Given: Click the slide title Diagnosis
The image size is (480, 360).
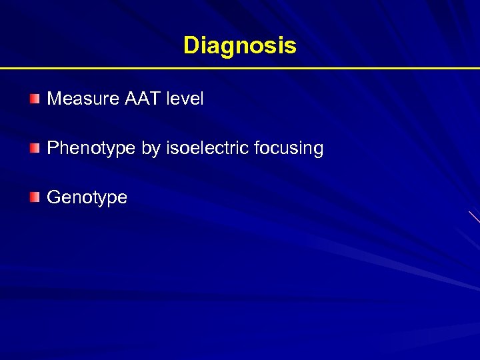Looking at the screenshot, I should pos(239,46).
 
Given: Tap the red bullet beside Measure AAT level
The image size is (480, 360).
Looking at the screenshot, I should pos(35,99).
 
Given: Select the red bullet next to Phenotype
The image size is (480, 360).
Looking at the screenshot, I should pos(35,148).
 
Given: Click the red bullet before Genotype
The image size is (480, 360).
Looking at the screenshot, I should pos(35,197).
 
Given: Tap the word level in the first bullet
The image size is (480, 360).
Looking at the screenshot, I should pos(185,99).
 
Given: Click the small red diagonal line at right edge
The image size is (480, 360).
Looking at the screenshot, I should pos(474,217).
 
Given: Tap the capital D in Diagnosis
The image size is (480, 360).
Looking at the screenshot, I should pos(191,46).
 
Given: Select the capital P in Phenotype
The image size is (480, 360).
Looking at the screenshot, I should pos(52,148).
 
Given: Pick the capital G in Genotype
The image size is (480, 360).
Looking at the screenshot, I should pos(53,197).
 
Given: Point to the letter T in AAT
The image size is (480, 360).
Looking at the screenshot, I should pos(155,99).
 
